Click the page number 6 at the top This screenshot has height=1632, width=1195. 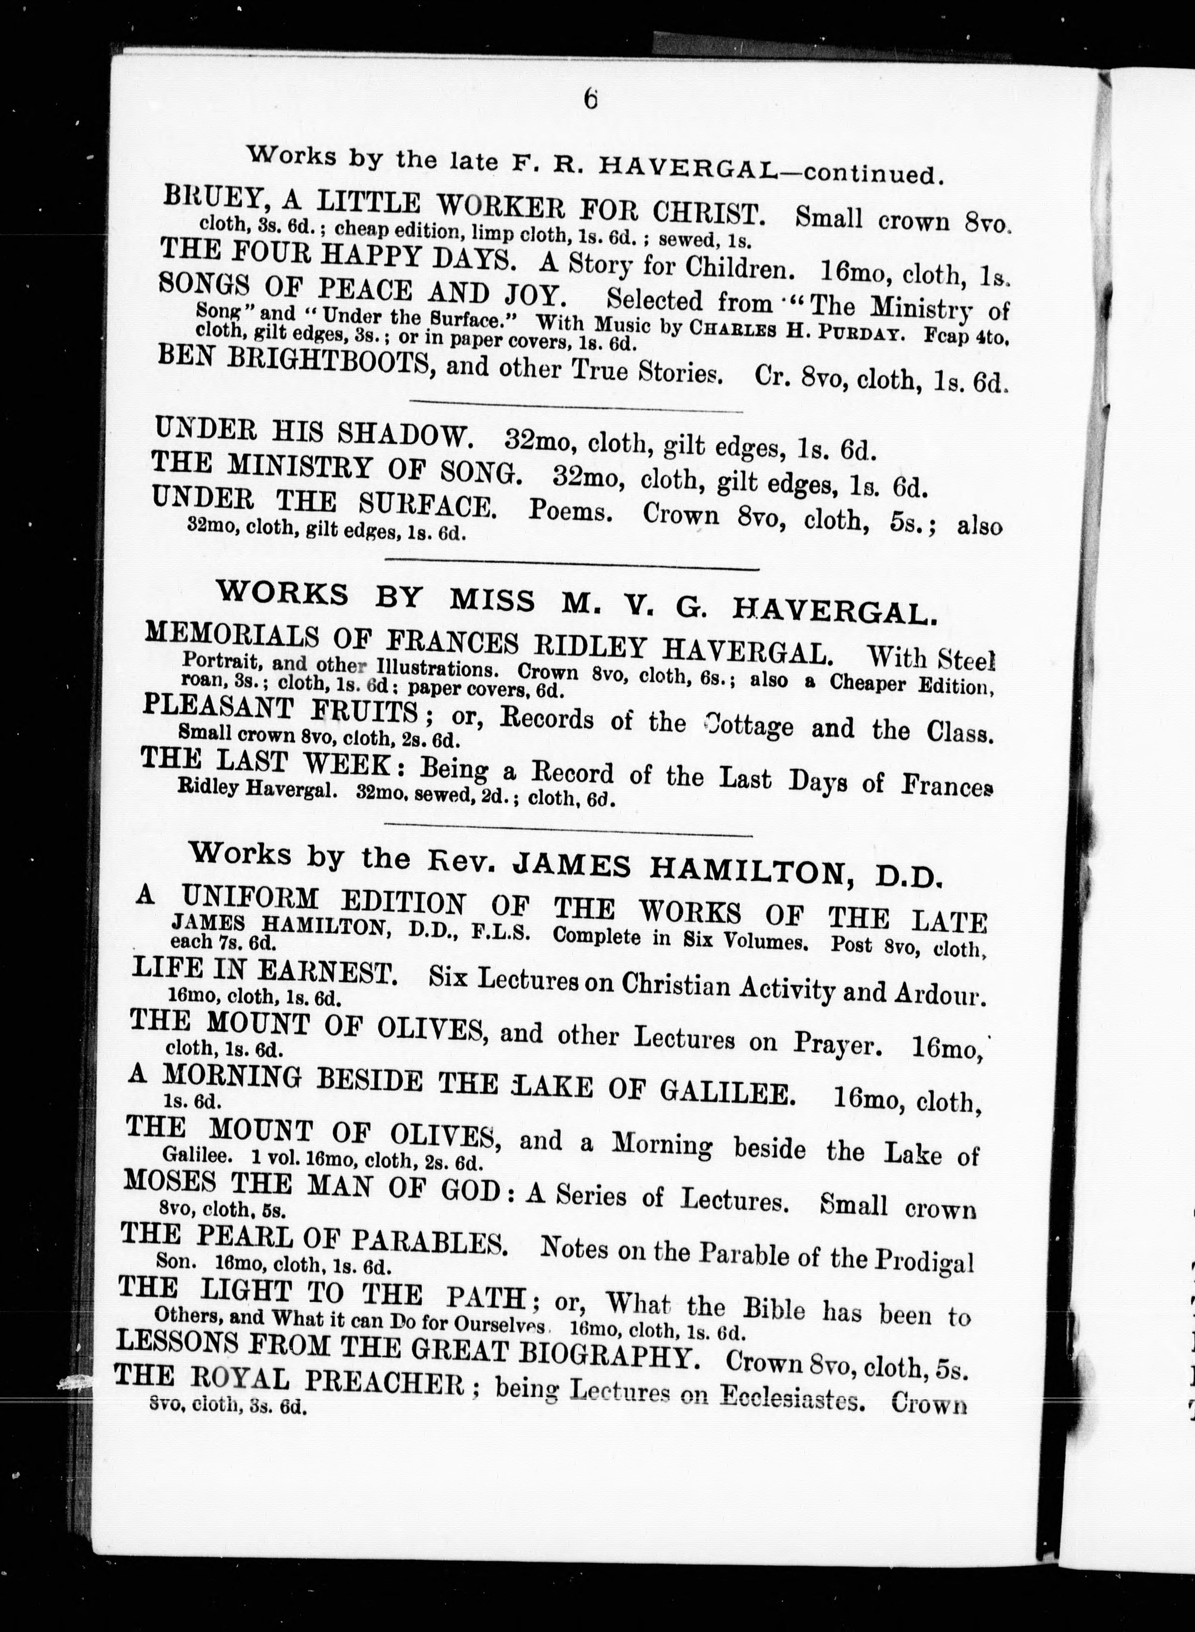click(591, 99)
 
